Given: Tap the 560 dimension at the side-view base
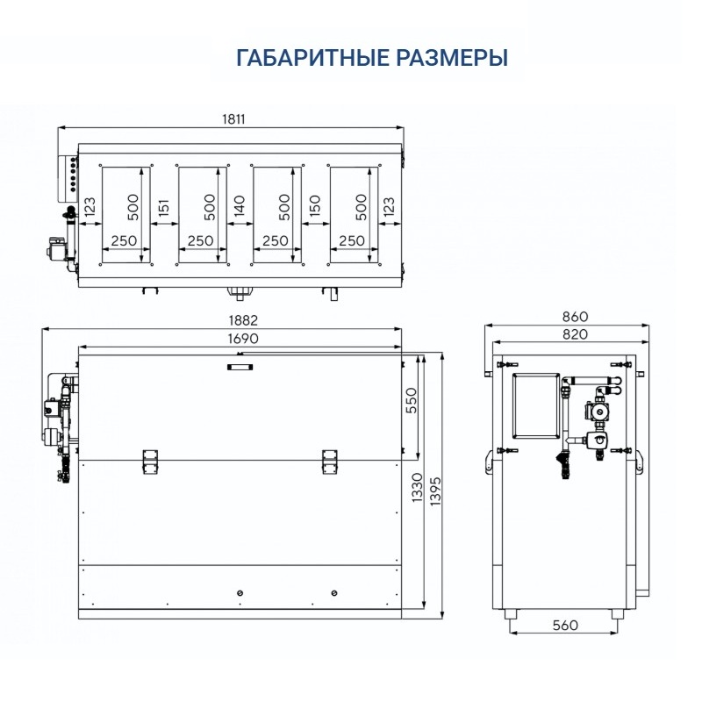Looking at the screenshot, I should [565, 626].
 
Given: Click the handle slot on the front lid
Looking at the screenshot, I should [238, 368].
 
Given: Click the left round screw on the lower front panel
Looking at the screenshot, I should [240, 594].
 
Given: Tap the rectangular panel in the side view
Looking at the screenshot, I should [534, 403].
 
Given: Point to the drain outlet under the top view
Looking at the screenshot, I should [238, 291].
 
